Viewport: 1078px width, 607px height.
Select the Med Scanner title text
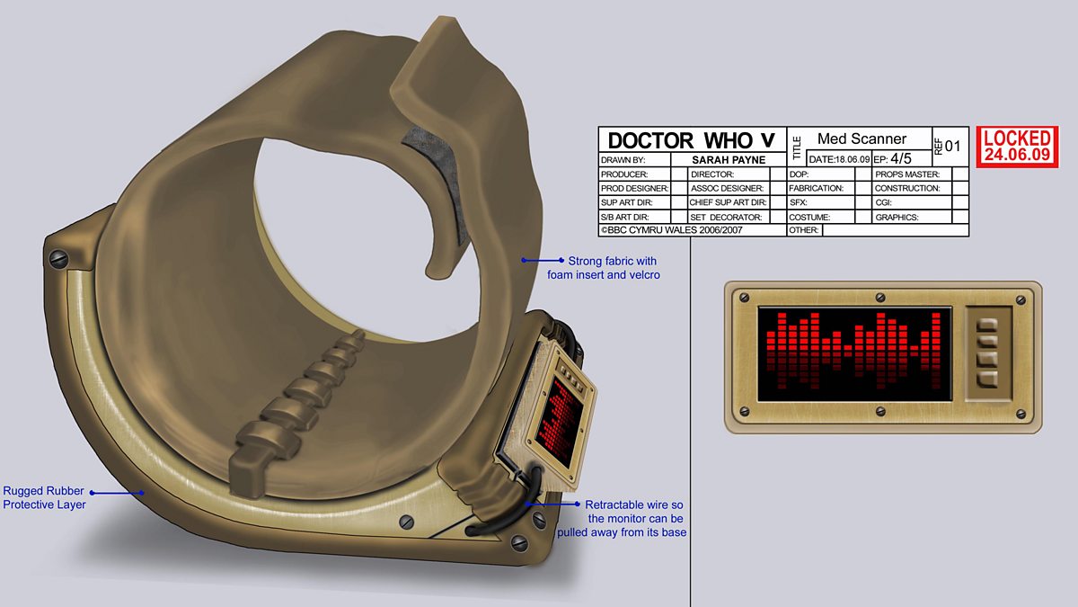click(x=862, y=138)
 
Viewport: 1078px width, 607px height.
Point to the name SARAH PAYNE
click(x=729, y=159)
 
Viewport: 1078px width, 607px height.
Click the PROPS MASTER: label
click(x=906, y=174)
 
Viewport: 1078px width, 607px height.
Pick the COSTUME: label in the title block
click(x=808, y=218)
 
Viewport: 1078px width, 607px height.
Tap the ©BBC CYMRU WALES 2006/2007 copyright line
click(x=679, y=230)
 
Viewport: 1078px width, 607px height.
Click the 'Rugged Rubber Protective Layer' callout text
click(x=44, y=497)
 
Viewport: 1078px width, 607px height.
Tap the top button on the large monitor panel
click(x=988, y=325)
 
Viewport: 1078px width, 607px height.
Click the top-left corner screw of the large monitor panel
click(x=742, y=296)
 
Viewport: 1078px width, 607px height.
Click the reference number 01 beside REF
click(x=952, y=145)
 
